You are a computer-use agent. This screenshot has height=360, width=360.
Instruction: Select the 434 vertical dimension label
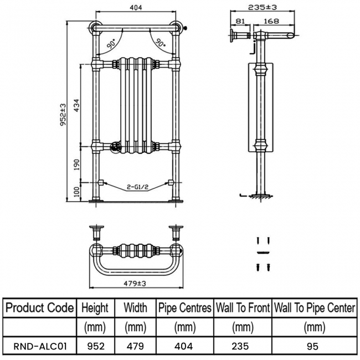(76, 105)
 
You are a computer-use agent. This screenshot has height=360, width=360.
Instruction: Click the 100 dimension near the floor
(76, 192)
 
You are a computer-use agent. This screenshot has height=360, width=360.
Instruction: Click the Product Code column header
(39, 307)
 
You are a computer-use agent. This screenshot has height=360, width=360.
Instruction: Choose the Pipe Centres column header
(185, 307)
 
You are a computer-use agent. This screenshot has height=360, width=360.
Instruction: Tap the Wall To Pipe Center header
(315, 307)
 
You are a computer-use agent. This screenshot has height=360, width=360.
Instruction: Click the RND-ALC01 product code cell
(39, 346)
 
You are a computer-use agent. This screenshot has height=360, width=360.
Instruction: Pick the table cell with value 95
(315, 346)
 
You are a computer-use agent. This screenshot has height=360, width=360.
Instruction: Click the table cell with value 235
(243, 346)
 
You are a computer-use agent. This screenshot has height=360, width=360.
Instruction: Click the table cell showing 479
(135, 346)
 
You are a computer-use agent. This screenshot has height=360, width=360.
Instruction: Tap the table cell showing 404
(185, 346)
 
